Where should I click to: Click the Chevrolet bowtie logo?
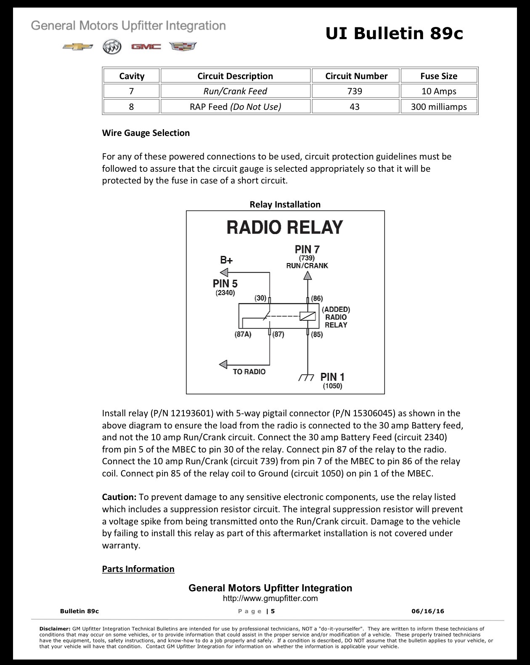point(77,47)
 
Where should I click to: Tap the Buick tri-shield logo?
point(112,47)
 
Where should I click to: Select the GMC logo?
point(146,47)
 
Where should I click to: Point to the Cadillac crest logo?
point(183,46)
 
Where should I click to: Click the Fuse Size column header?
point(439,76)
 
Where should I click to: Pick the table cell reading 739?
point(355,91)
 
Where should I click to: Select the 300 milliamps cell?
point(439,106)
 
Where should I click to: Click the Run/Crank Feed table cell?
point(235,91)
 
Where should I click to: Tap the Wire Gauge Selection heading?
point(146,133)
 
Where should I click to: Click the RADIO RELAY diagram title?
point(285,227)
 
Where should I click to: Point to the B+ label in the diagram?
point(226,260)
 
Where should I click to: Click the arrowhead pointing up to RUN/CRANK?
point(307,275)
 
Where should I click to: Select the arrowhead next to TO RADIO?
point(223,364)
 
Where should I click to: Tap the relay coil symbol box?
point(307,316)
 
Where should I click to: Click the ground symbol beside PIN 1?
point(306,378)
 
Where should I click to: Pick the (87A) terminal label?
point(243,334)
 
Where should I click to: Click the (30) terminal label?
point(260,298)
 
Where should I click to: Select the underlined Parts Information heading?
point(138,569)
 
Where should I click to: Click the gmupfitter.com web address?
point(270,598)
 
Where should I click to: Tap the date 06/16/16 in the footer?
point(428,611)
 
